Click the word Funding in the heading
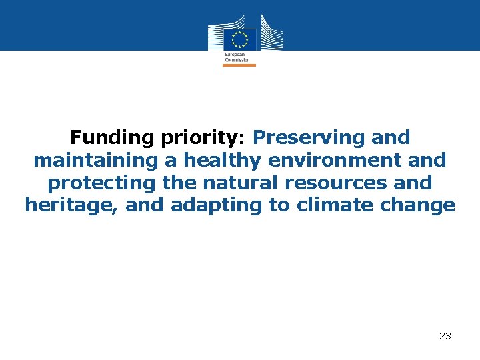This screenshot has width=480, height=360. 113,138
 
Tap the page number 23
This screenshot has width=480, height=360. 445,337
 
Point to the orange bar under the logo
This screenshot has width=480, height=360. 239,65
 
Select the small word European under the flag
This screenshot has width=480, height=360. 235,54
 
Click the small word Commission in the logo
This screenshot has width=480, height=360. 237,59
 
